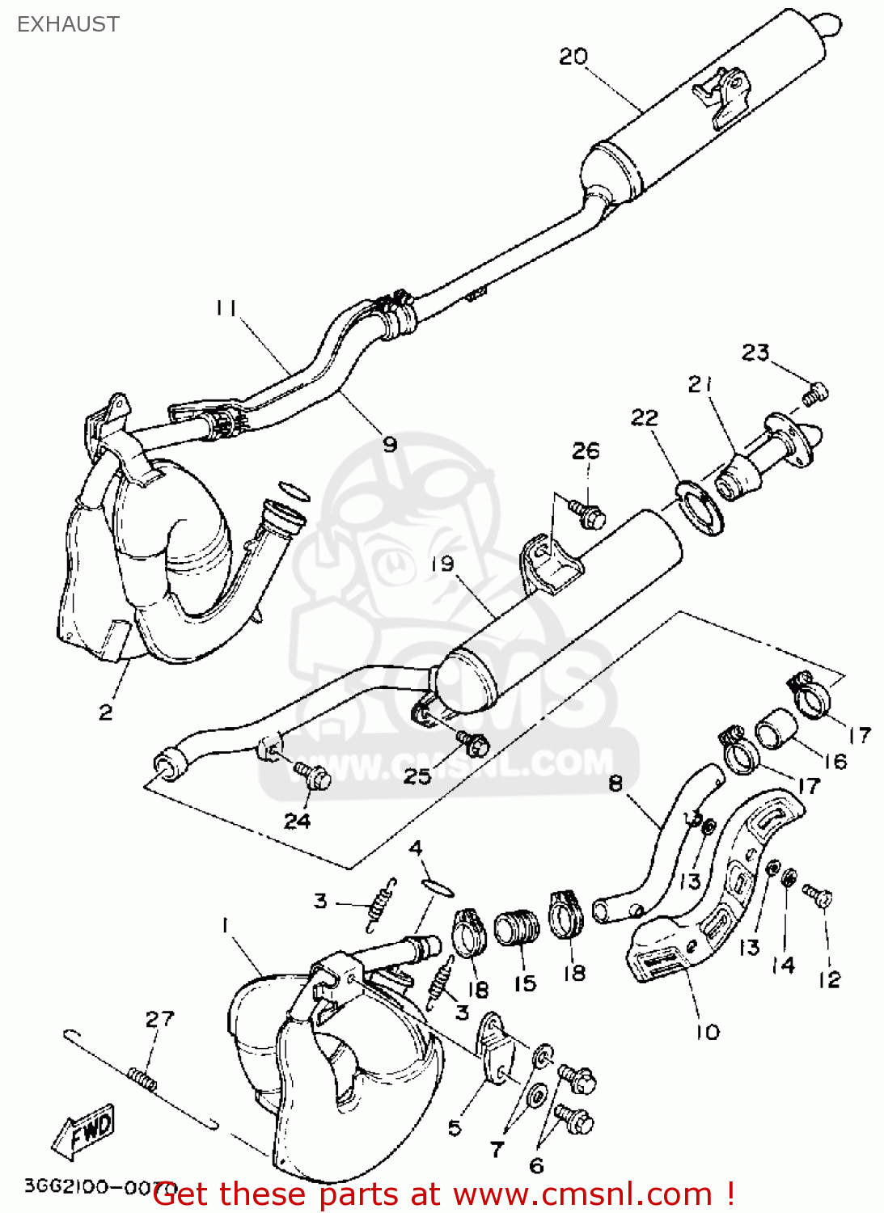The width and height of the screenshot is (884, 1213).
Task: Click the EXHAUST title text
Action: pyautogui.click(x=68, y=24)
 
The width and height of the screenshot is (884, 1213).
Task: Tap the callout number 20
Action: pyautogui.click(x=573, y=57)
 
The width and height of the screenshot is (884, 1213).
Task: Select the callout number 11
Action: pyautogui.click(x=226, y=308)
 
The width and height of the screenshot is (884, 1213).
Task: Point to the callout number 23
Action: pyautogui.click(x=755, y=353)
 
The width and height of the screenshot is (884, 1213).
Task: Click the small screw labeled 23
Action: pyautogui.click(x=815, y=394)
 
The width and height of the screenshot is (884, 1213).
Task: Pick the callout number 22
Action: pyautogui.click(x=645, y=417)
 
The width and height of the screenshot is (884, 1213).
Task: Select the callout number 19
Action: pyautogui.click(x=442, y=564)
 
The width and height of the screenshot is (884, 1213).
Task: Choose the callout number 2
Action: pyautogui.click(x=106, y=712)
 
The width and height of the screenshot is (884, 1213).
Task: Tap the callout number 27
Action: pyautogui.click(x=159, y=1019)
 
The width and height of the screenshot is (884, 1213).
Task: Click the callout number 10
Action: pyautogui.click(x=707, y=1032)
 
